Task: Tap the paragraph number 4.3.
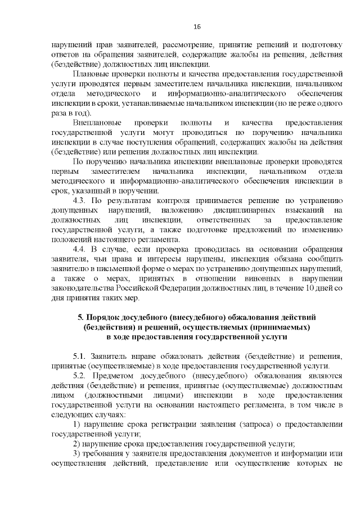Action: pos(81,201)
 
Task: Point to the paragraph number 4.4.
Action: pos(81,249)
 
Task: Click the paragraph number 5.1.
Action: pos(81,357)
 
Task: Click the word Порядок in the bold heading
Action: pos(109,317)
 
